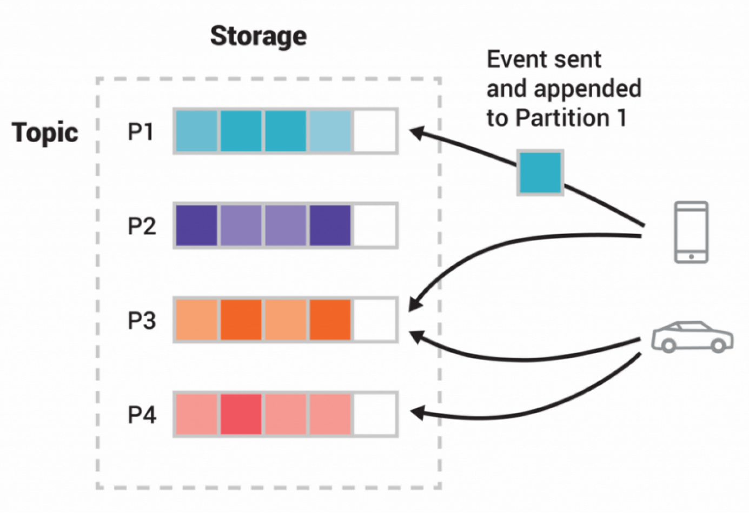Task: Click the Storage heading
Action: pyautogui.click(x=258, y=37)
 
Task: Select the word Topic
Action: pyautogui.click(x=45, y=132)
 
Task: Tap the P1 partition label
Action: pyautogui.click(x=141, y=131)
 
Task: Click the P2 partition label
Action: pyautogui.click(x=142, y=226)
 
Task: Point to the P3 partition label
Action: pyautogui.click(x=142, y=321)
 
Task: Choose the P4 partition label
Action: pyautogui.click(x=142, y=415)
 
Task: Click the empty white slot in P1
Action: pyautogui.click(x=375, y=131)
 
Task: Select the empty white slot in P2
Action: pyautogui.click(x=375, y=226)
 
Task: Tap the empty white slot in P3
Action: pyautogui.click(x=375, y=320)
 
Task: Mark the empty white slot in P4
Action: pyautogui.click(x=375, y=415)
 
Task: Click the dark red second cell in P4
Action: pyautogui.click(x=241, y=415)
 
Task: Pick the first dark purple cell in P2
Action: pyautogui.click(x=197, y=226)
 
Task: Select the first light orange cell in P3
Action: pyautogui.click(x=197, y=320)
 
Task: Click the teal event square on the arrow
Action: pyautogui.click(x=540, y=173)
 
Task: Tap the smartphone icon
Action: pyautogui.click(x=691, y=232)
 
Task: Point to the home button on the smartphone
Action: pyautogui.click(x=691, y=257)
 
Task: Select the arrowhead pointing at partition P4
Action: pyautogui.click(x=416, y=414)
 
